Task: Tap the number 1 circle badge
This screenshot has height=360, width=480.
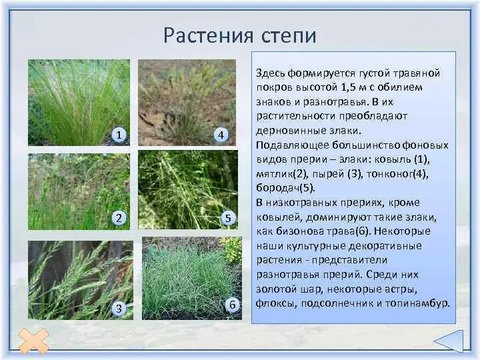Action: point(119,135)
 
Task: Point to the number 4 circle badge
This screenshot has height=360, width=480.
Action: point(222,135)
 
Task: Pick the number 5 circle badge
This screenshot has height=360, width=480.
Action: point(228,218)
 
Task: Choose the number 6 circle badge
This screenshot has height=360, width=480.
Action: point(232,305)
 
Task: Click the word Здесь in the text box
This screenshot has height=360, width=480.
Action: point(271,73)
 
